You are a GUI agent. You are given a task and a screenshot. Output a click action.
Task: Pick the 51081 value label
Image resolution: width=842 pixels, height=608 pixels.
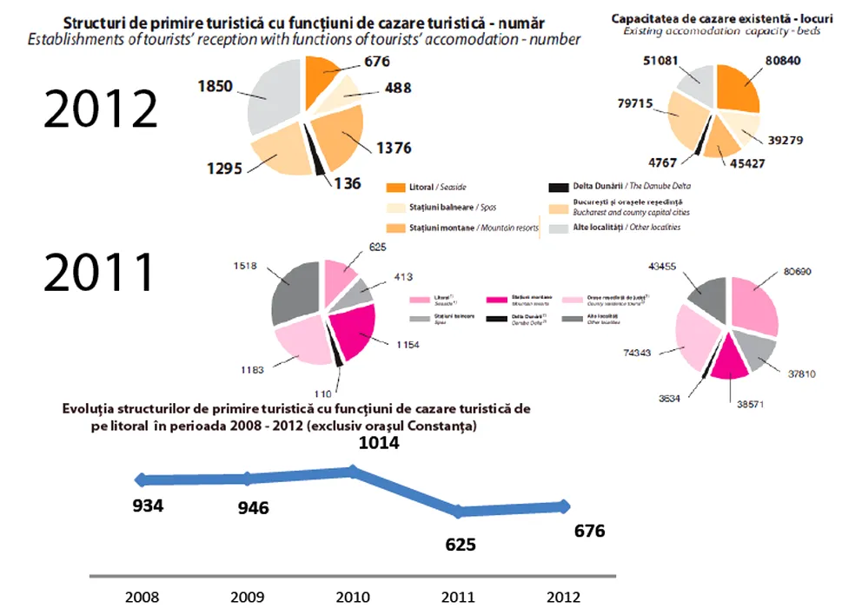point(660,61)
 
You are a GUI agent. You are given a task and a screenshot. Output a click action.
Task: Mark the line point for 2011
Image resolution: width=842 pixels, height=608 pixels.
point(461,511)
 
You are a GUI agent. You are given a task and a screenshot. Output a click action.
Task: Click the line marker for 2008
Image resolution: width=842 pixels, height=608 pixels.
point(141,479)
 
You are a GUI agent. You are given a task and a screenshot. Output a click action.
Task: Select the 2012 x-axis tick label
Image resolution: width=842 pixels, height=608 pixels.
point(564,597)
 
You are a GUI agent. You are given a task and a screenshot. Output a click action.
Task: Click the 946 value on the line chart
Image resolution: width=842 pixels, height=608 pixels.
point(254,507)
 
